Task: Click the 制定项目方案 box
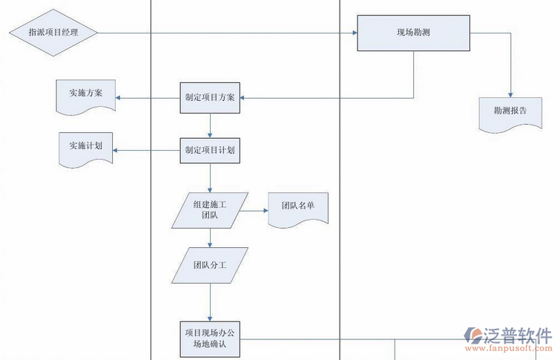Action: click(x=211, y=97)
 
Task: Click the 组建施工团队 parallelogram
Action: click(x=210, y=210)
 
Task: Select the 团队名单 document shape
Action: click(x=297, y=209)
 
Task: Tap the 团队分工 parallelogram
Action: click(x=210, y=265)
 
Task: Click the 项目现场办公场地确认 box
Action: click(x=211, y=339)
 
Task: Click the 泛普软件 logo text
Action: click(x=518, y=335)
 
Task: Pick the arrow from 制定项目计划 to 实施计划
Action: click(x=147, y=151)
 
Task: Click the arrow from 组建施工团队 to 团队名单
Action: click(x=254, y=210)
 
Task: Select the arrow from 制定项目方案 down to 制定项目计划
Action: click(x=211, y=125)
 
